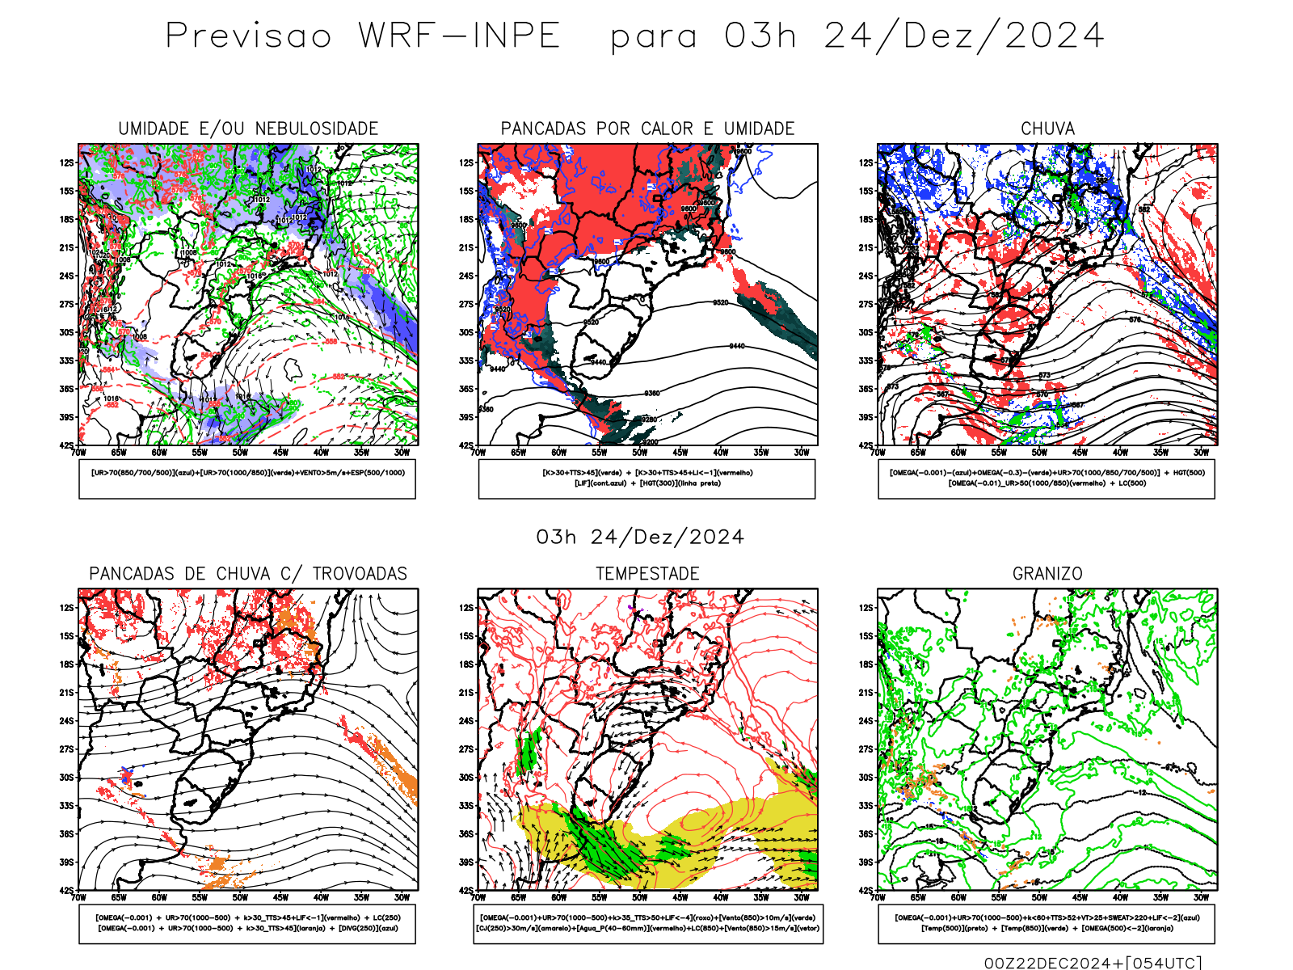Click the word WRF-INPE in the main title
(459, 36)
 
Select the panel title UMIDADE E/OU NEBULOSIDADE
(248, 129)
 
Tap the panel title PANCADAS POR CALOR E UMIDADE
(647, 129)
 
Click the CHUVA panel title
(1047, 129)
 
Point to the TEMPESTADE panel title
(647, 574)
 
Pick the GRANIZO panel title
(1047, 574)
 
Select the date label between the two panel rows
(640, 538)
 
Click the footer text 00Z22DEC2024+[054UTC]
(1093, 963)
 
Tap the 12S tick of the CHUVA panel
(866, 162)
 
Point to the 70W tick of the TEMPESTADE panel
(478, 897)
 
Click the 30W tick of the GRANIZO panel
(1201, 897)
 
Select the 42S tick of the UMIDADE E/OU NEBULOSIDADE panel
(65, 445)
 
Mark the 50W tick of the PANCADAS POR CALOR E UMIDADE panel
(639, 453)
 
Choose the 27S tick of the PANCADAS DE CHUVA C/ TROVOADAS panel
(66, 749)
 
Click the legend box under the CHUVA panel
(1047, 479)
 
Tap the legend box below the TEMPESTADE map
(647, 923)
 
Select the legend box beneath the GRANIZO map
(1047, 923)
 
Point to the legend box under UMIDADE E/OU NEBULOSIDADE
(247, 479)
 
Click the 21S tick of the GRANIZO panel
(866, 693)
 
